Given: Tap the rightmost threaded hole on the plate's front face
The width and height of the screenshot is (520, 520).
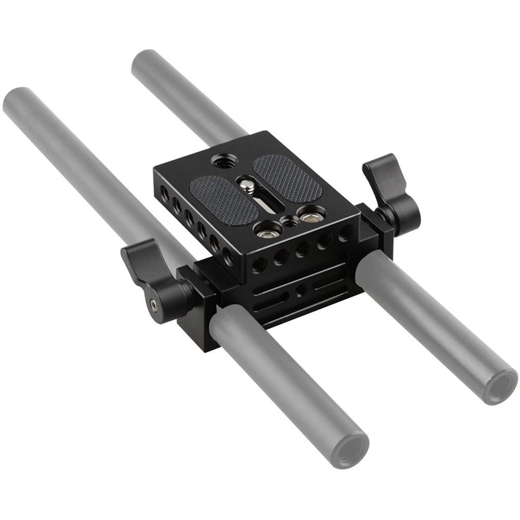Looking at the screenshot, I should [344, 233].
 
